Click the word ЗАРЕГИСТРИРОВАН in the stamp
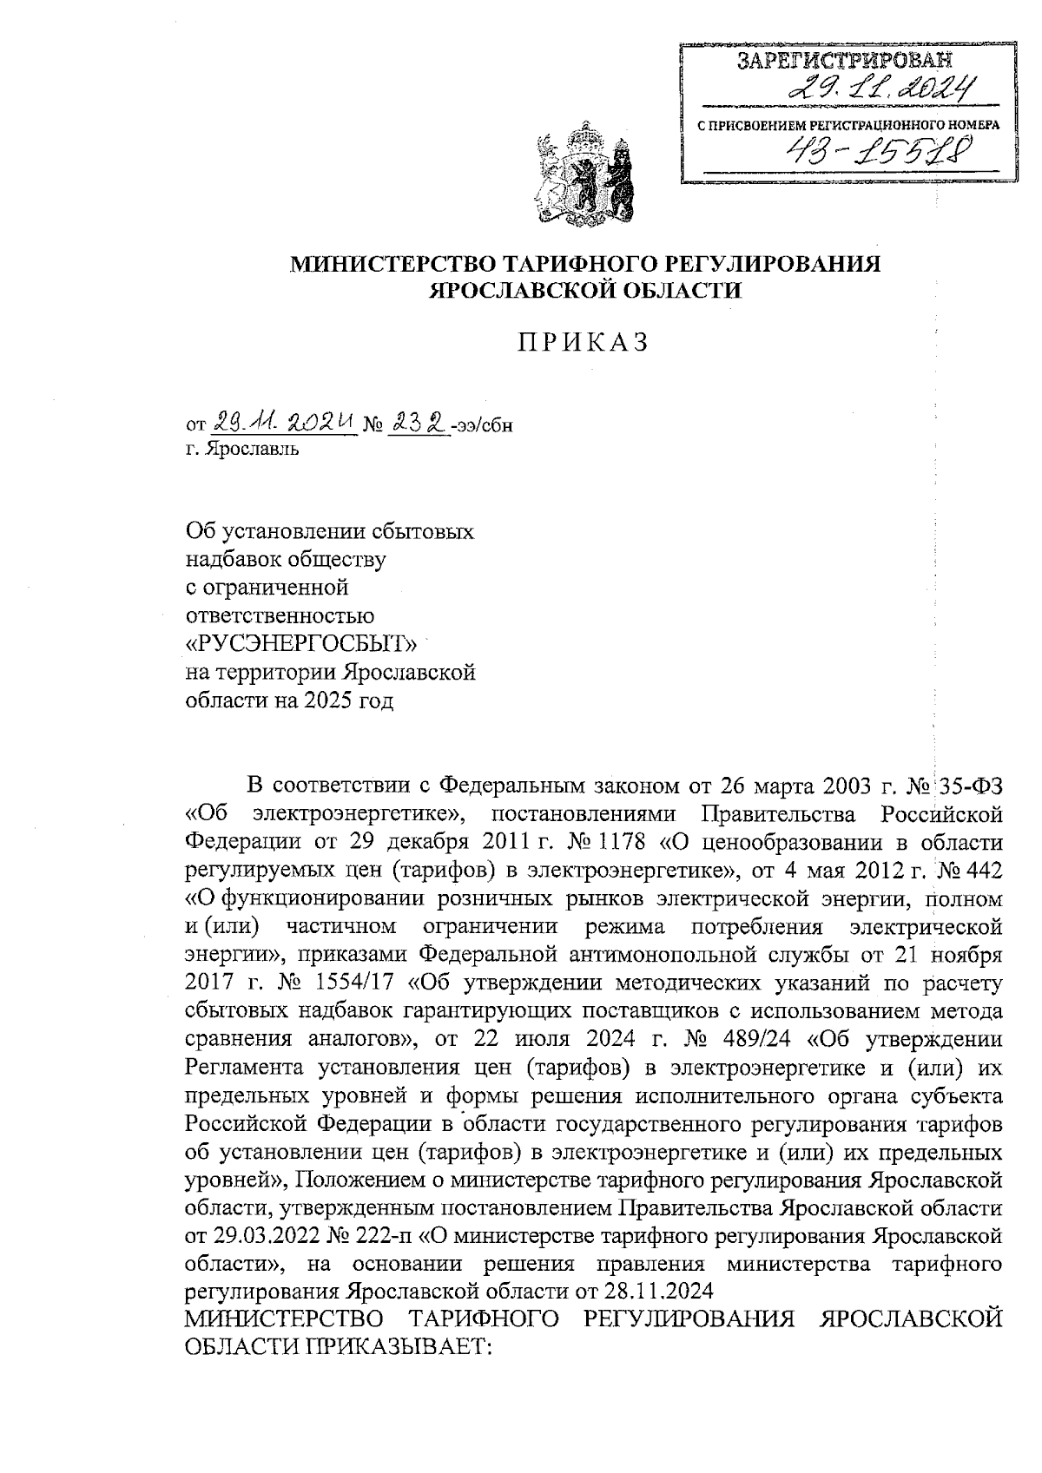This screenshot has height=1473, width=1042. click(x=844, y=61)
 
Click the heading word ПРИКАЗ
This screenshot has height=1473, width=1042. click(x=584, y=343)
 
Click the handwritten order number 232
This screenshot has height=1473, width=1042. click(x=418, y=424)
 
